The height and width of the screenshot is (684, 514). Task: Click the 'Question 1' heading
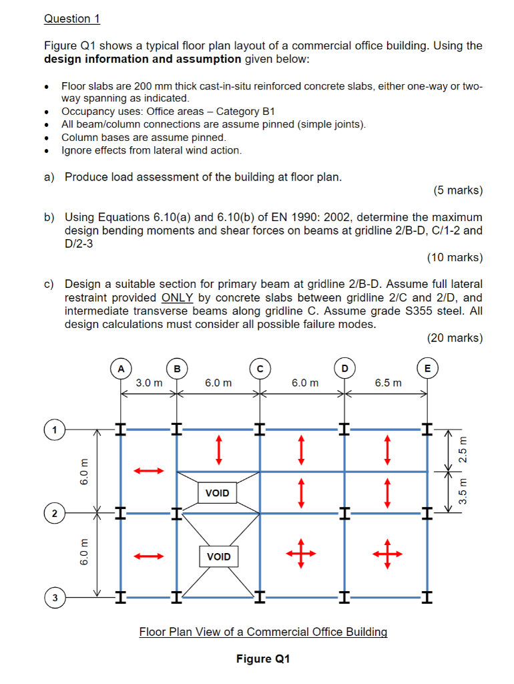71,19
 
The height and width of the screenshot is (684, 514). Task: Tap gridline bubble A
120,368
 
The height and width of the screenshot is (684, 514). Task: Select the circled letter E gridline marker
427,368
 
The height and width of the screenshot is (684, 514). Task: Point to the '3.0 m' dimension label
149,383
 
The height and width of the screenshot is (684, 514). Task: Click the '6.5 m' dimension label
389,383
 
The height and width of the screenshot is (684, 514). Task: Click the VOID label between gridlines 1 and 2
218,493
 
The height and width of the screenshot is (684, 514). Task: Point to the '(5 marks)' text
457,190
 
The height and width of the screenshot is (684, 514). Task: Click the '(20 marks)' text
455,338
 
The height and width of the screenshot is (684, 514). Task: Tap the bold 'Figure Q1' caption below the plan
263,659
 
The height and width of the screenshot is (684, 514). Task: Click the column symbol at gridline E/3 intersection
427,596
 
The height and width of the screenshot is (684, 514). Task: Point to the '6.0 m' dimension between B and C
218,383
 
